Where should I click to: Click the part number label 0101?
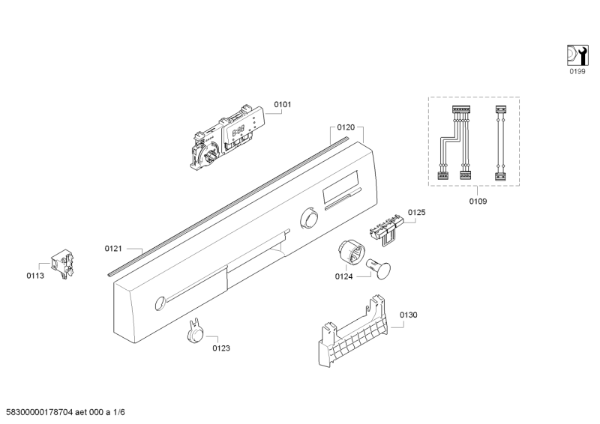point(283,104)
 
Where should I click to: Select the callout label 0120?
point(346,127)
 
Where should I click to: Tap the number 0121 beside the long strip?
point(113,249)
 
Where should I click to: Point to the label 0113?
point(35,276)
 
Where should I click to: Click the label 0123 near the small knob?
point(221,348)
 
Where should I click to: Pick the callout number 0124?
point(343,276)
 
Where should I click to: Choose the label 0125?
point(417,212)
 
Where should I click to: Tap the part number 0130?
point(409,315)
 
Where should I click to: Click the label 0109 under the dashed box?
point(478,201)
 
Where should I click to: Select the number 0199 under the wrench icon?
point(577,71)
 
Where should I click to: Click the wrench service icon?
point(577,55)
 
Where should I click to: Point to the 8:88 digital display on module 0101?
point(238,131)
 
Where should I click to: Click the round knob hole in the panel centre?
point(309,218)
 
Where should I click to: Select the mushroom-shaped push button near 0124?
point(378,268)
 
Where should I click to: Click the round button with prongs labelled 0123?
point(196,330)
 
